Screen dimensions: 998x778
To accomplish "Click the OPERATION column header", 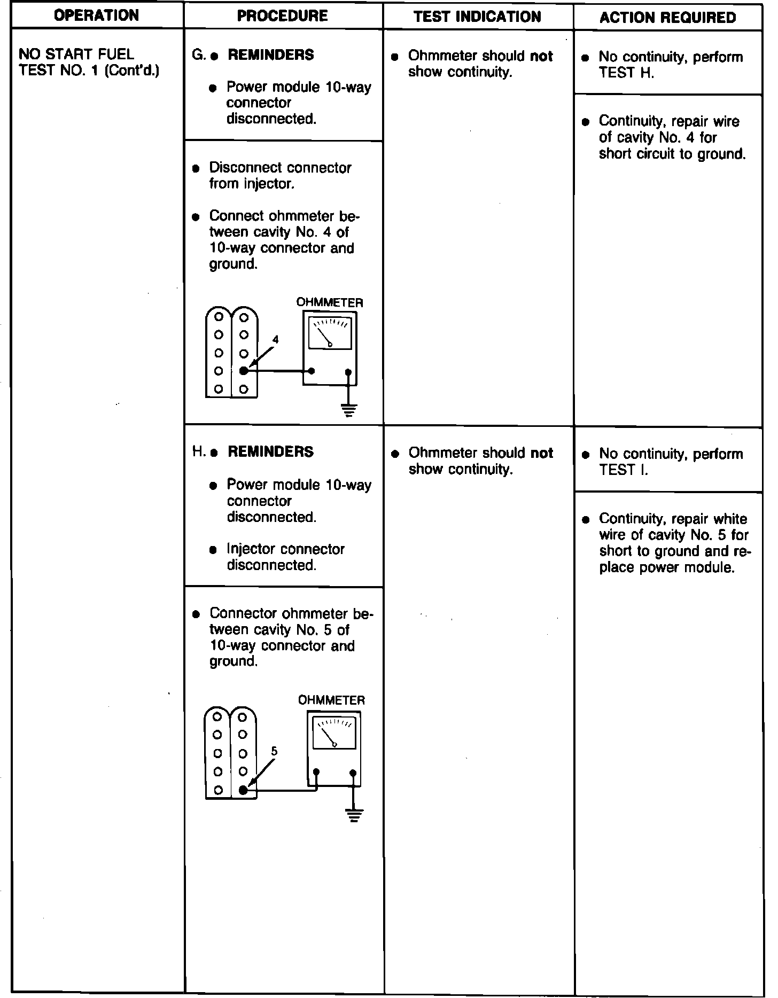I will point(97,15).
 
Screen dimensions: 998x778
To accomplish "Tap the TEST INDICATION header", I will point(477,17).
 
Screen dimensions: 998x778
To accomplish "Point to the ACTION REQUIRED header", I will point(667,18).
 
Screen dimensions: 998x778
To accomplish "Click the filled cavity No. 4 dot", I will point(244,371).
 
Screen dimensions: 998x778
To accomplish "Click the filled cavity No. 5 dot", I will point(243,790).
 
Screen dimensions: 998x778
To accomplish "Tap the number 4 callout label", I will point(276,339).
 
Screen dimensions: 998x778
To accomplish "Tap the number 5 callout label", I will point(274,751).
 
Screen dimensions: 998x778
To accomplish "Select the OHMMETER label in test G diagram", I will point(330,302).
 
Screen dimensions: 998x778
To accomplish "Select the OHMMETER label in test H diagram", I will point(331,700).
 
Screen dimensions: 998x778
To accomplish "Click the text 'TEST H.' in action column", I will point(626,73).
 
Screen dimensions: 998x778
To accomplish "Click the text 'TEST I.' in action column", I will point(624,470).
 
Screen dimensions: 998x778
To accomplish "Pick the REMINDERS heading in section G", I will point(271,55).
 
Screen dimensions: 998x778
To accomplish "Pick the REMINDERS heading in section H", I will point(270,452).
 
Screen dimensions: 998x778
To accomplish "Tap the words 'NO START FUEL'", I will point(76,54).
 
